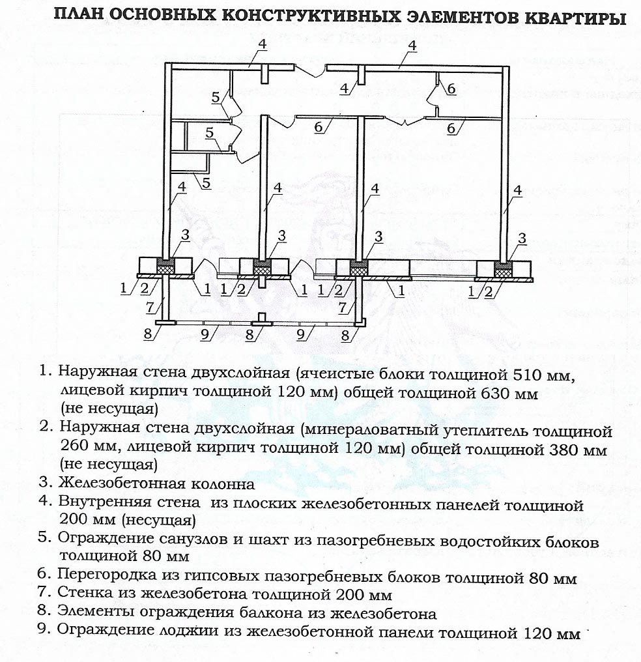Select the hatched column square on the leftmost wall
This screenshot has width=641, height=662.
click(166, 266)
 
